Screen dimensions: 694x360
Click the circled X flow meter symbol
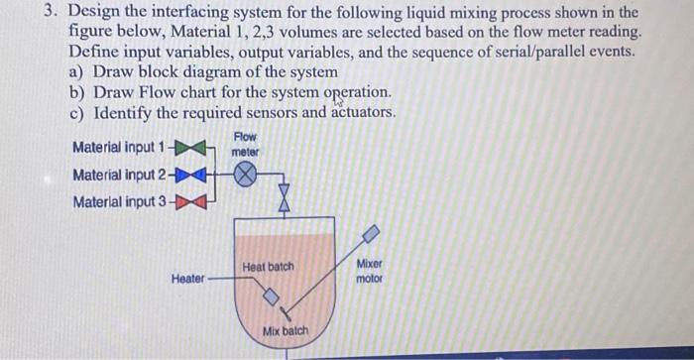point(245,176)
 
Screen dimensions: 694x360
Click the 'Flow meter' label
point(245,144)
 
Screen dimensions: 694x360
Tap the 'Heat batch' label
point(268,267)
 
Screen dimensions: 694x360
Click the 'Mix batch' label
point(286,331)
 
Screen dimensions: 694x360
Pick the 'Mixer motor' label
point(368,272)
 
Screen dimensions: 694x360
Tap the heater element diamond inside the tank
point(271,295)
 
